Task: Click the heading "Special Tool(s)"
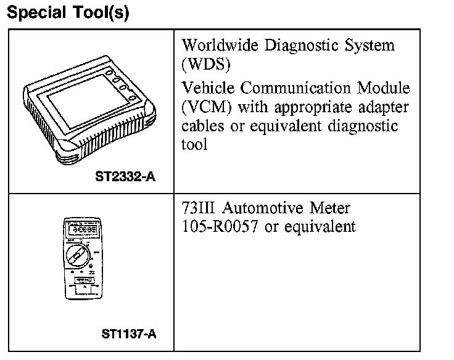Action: [x=68, y=14]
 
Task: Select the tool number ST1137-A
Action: [x=129, y=335]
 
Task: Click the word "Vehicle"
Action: [x=207, y=89]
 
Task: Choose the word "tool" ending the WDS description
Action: [x=194, y=145]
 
